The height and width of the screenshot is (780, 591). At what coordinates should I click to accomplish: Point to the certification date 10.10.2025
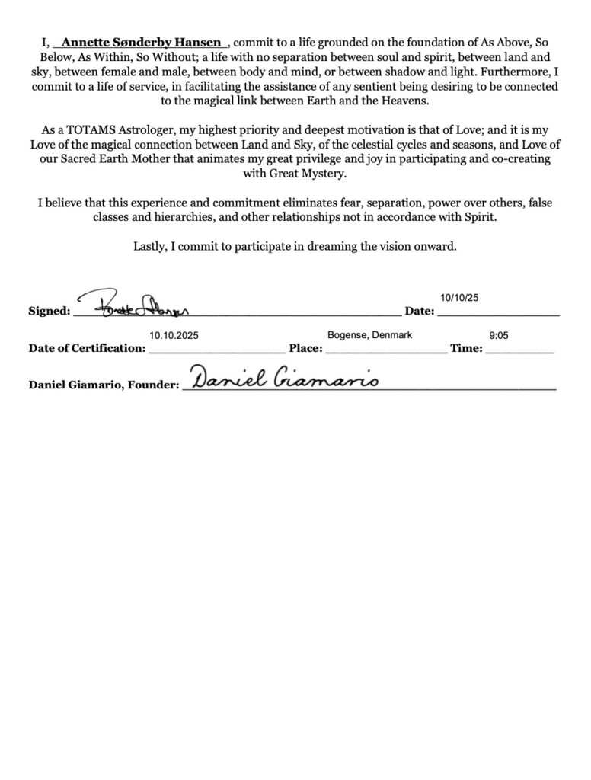click(x=175, y=335)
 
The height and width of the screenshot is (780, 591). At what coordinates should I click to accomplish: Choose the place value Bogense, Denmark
click(x=370, y=335)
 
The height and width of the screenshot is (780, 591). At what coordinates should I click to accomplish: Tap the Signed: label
click(x=49, y=311)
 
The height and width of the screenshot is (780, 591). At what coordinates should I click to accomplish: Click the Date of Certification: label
click(x=86, y=349)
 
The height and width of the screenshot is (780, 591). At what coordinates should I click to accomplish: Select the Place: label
click(x=306, y=349)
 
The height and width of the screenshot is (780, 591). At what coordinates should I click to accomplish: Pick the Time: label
click(x=465, y=349)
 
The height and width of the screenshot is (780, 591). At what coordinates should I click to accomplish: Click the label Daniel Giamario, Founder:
click(x=103, y=385)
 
